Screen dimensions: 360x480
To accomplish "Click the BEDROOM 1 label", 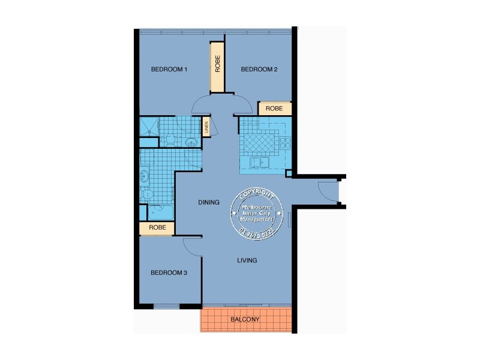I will [169, 70].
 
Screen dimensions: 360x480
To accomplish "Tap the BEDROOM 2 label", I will [259, 70].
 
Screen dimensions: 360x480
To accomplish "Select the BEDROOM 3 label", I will [169, 273].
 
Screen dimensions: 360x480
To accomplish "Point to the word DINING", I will [209, 202].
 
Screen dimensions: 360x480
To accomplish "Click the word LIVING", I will [247, 260].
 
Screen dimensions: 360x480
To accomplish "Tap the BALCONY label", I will [245, 320].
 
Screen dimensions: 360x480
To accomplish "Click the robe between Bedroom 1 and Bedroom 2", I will [217, 65].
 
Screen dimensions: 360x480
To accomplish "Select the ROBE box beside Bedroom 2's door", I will [274, 109].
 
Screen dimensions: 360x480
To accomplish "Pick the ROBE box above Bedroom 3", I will [157, 228].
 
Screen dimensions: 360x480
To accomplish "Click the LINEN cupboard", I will [206, 127].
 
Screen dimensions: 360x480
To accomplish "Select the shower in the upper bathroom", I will [148, 126].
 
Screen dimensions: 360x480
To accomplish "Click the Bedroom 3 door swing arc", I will [191, 245].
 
